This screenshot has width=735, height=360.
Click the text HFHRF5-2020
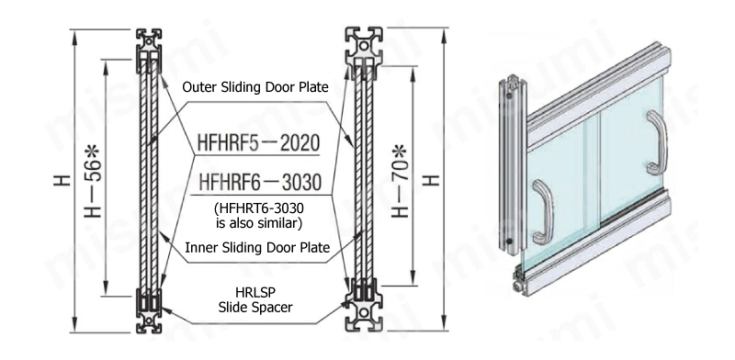[x=258, y=143]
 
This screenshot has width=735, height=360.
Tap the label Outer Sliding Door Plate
[x=255, y=87]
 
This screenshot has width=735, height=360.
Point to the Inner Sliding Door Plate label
[x=257, y=248]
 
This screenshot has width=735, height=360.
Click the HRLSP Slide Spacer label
[x=255, y=300]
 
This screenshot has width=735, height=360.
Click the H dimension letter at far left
[x=62, y=181]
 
